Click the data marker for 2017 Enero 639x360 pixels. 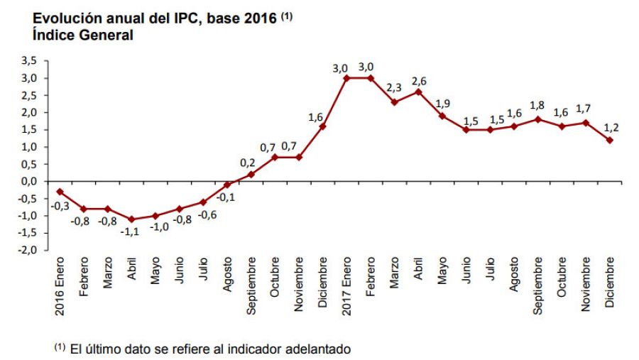pyautogui.click(x=346, y=78)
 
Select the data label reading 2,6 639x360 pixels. pyautogui.click(x=419, y=80)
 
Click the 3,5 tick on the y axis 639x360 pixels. pyautogui.click(x=28, y=61)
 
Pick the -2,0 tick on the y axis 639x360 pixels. pyautogui.click(x=27, y=250)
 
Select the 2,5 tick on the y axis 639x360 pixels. pyautogui.click(x=28, y=95)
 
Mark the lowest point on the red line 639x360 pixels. pyautogui.click(x=131, y=219)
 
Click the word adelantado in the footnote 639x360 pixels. pyautogui.click(x=317, y=349)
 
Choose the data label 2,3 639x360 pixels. pyautogui.click(x=394, y=89)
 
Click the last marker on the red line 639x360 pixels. pyautogui.click(x=609, y=140)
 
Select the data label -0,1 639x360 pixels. pyautogui.click(x=227, y=197)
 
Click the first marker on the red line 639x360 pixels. pyautogui.click(x=60, y=192)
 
